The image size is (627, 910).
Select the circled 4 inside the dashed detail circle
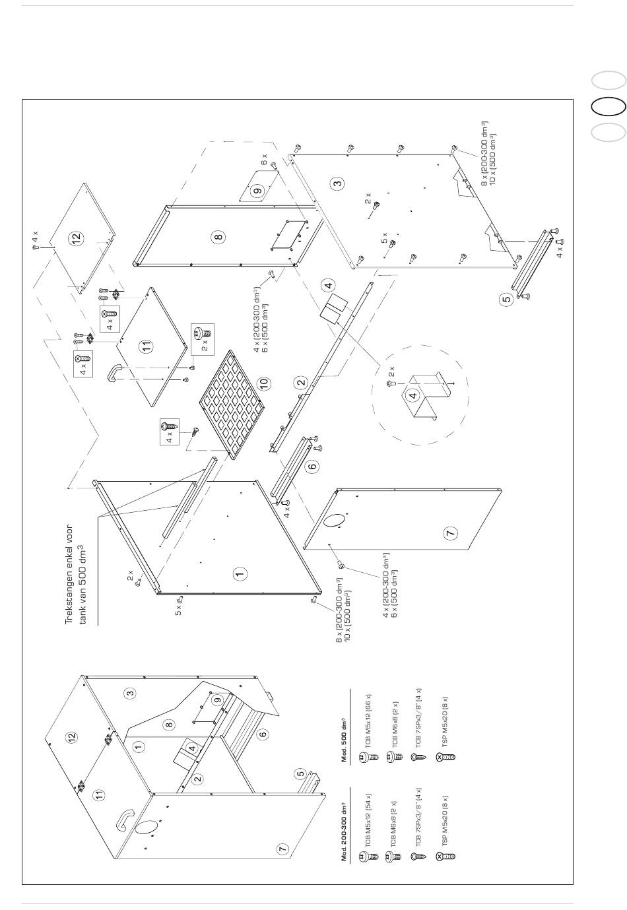(x=413, y=396)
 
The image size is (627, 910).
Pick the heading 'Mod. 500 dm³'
(x=344, y=739)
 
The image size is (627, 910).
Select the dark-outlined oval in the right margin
(x=608, y=106)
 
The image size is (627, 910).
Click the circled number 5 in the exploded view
(x=506, y=298)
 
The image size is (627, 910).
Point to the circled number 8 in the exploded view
(x=218, y=236)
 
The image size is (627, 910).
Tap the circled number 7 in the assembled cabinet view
(x=282, y=849)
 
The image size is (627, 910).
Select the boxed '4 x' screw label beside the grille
(x=168, y=432)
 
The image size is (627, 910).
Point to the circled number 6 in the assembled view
(x=263, y=734)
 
